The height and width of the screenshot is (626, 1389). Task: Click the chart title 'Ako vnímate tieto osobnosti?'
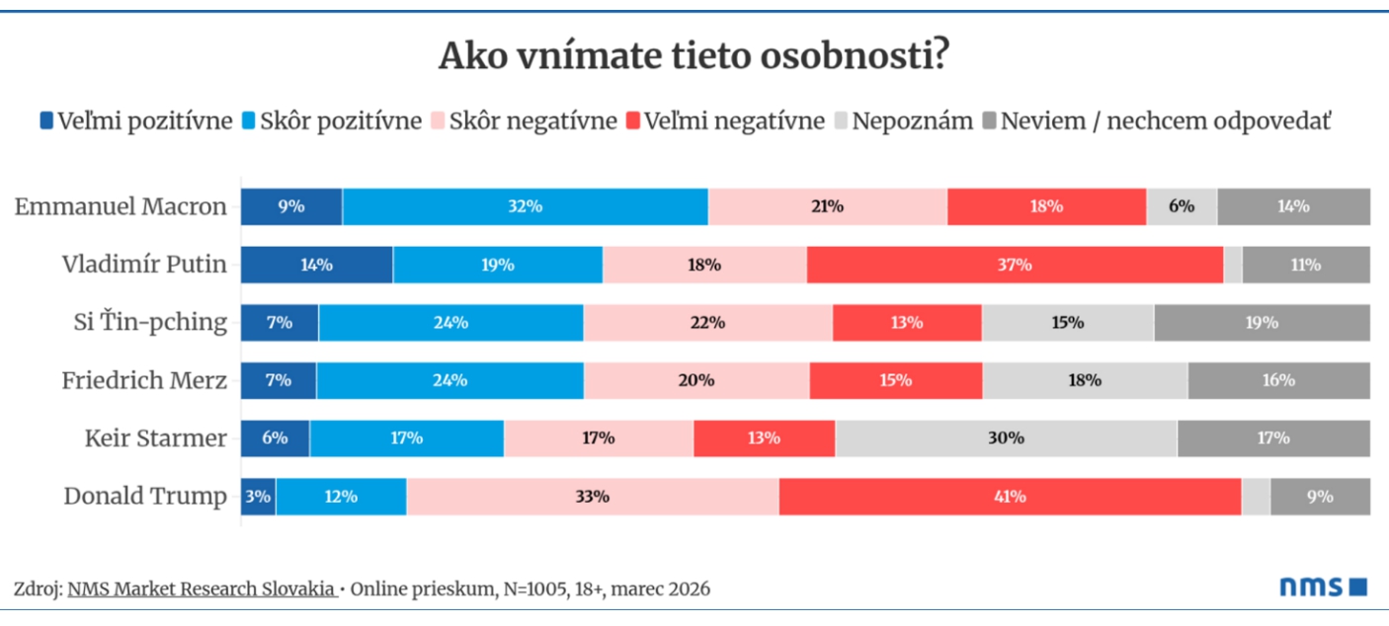[x=694, y=56]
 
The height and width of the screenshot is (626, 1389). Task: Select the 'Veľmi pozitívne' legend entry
[x=135, y=121]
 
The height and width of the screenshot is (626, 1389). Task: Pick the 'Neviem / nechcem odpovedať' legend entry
[x=1157, y=121]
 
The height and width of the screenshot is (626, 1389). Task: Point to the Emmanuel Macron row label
[x=121, y=206]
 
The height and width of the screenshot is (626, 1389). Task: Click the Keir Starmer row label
[x=155, y=437]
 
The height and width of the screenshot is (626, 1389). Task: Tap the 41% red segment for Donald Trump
[x=1010, y=496]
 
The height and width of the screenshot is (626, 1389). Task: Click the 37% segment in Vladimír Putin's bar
[x=1015, y=265]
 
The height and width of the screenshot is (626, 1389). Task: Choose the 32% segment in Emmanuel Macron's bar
[x=525, y=206]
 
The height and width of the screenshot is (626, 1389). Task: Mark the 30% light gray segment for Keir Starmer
[x=1006, y=437]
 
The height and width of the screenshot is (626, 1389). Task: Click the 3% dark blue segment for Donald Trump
[x=258, y=496]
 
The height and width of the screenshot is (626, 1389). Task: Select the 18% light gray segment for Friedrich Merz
[x=1085, y=380]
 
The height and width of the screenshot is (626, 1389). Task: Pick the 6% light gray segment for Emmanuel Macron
[x=1181, y=206]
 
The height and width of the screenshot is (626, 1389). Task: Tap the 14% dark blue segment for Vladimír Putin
[x=316, y=265]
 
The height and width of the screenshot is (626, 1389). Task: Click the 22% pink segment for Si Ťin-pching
[x=707, y=322]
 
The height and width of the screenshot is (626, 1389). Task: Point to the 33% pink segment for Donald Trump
[x=592, y=496]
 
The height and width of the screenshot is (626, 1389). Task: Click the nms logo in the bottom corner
[x=1323, y=587]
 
